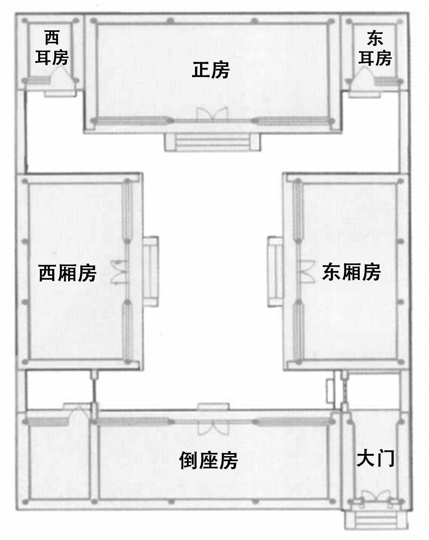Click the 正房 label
(x=211, y=70)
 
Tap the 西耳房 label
(x=52, y=48)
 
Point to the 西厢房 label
(x=68, y=273)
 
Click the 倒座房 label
(x=209, y=460)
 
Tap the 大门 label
(x=375, y=459)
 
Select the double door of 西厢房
(x=119, y=272)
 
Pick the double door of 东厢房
(x=305, y=272)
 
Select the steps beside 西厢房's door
(x=151, y=271)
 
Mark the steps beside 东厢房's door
(x=275, y=271)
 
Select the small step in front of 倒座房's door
(x=214, y=407)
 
